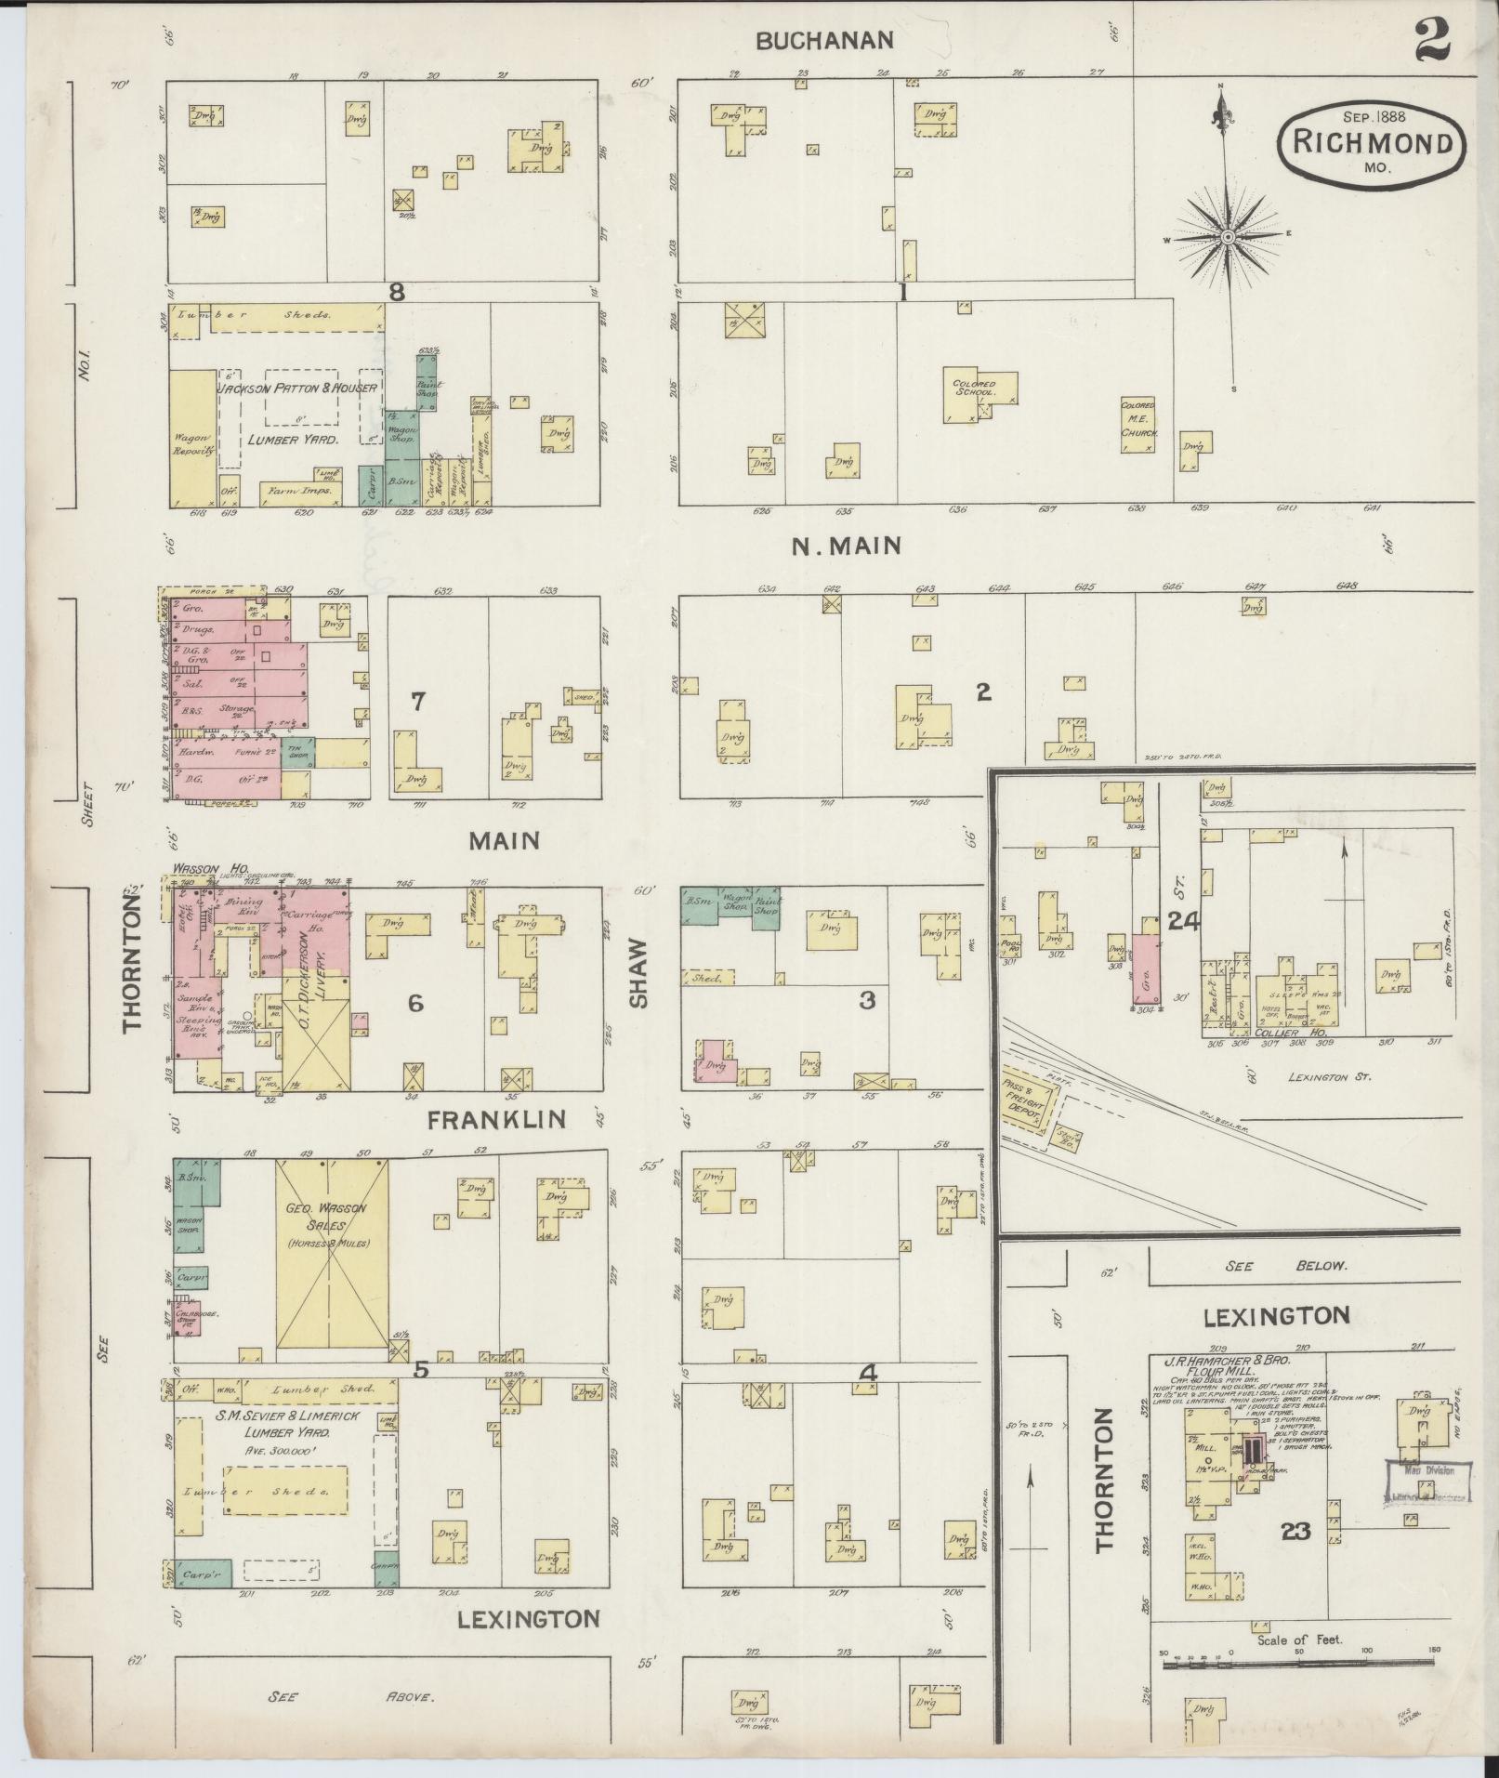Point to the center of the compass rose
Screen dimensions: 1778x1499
pyautogui.click(x=1228, y=238)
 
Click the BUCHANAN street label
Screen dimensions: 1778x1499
pyautogui.click(x=825, y=40)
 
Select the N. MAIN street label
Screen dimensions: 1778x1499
pyautogui.click(x=846, y=546)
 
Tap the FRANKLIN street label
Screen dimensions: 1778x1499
pyautogui.click(x=496, y=1120)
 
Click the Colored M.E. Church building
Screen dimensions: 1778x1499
pyautogui.click(x=1137, y=424)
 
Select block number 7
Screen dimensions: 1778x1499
pyautogui.click(x=418, y=702)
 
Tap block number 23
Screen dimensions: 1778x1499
pyautogui.click(x=1295, y=1531)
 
